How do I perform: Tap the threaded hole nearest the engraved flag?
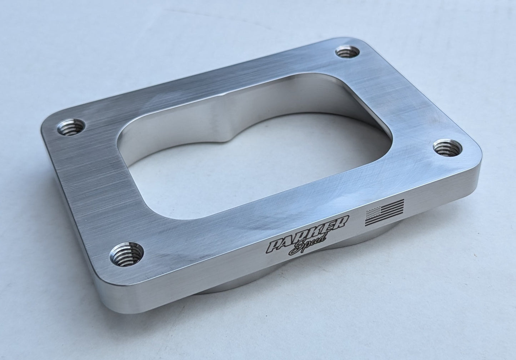pyautogui.click(x=445, y=147)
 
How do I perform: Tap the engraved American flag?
pyautogui.click(x=384, y=212)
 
